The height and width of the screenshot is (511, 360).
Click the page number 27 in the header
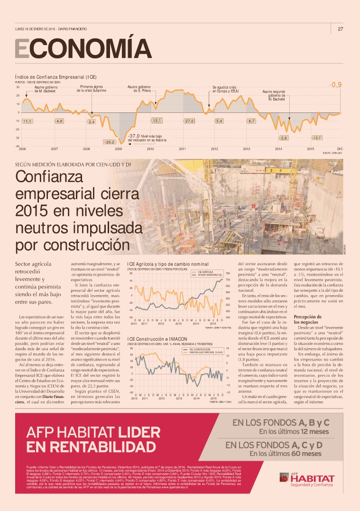[340, 29]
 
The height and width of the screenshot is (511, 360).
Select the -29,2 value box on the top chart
[110, 142]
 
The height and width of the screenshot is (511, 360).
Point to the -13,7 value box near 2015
[317, 138]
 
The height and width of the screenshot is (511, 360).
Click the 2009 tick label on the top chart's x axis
[119, 149]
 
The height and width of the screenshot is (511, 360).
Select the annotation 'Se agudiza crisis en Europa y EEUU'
[225, 89]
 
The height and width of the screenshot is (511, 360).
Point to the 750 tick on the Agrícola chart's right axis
[228, 273]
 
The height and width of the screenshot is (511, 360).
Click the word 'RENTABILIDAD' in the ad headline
[92, 447]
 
